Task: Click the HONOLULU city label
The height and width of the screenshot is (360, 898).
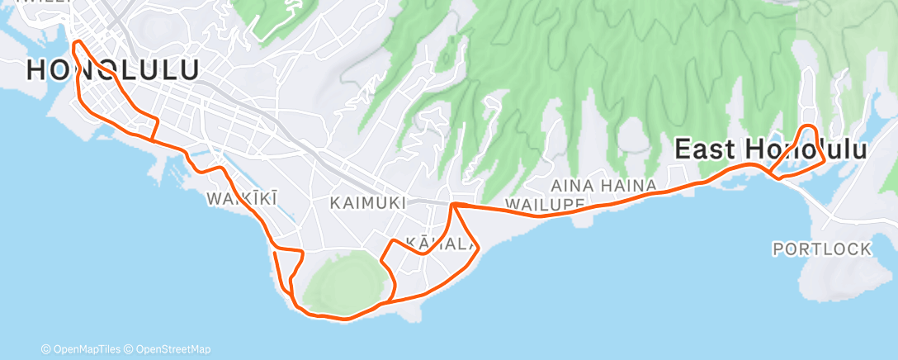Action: pyautogui.click(x=112, y=70)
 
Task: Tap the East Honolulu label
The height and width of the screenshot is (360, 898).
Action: pyautogui.click(x=771, y=150)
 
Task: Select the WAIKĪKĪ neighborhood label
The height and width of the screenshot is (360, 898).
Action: pyautogui.click(x=242, y=198)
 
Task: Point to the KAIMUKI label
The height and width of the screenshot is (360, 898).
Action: pyautogui.click(x=367, y=202)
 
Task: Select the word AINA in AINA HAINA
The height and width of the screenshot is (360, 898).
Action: pyautogui.click(x=569, y=185)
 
